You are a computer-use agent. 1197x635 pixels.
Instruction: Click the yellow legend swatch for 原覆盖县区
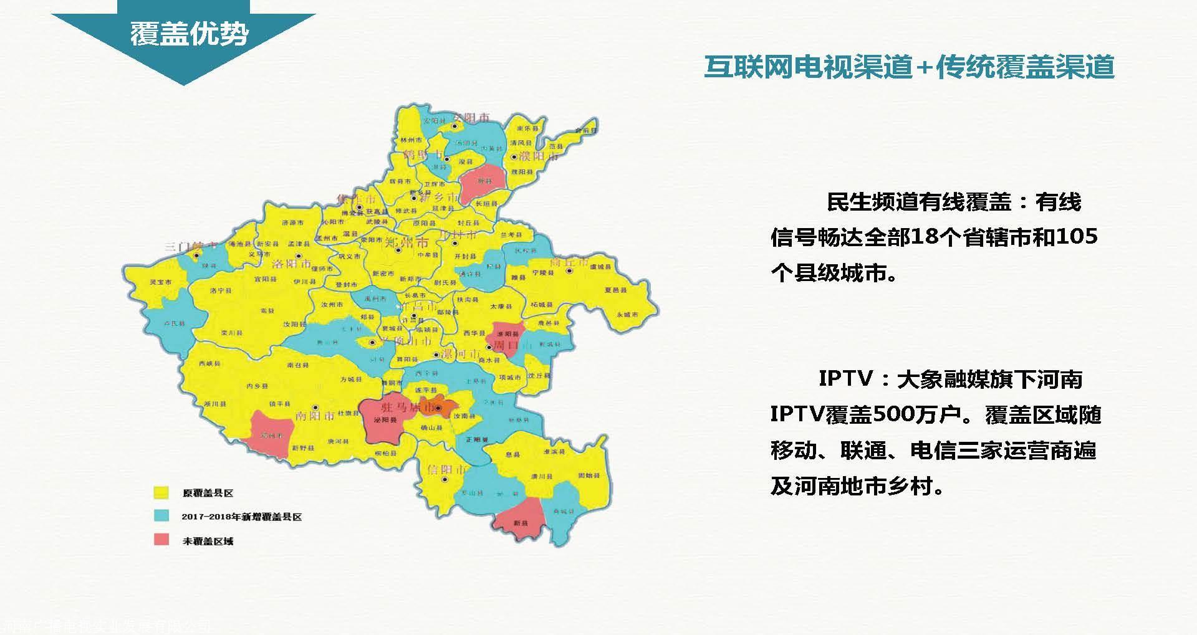tap(161, 492)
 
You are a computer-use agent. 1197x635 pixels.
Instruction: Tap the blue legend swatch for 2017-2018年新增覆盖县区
tap(161, 516)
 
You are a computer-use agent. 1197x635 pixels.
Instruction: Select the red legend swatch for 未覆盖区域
tap(161, 540)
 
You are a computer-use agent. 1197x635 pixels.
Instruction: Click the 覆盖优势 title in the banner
tap(189, 33)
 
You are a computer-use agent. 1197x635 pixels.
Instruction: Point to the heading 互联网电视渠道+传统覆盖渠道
tap(909, 67)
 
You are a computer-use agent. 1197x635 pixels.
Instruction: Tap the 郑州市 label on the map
tap(406, 242)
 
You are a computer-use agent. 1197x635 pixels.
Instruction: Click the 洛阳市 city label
tap(291, 264)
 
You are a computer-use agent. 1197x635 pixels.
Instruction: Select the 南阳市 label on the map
tap(315, 416)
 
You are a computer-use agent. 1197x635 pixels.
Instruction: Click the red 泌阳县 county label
tap(385, 420)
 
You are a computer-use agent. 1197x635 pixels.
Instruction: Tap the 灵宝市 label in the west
tap(160, 282)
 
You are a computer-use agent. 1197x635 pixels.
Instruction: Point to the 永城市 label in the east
tap(627, 315)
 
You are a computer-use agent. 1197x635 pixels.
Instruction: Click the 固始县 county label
tap(589, 476)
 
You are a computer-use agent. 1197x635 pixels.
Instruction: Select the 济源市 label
tap(292, 222)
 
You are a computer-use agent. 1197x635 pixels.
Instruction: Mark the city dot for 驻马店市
tap(439, 409)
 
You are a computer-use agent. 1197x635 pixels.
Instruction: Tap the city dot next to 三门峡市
tap(196, 255)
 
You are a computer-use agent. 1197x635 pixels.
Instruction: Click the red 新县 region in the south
tap(521, 522)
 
